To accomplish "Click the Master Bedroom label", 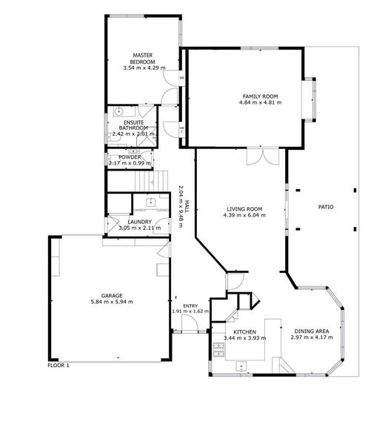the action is [142, 59].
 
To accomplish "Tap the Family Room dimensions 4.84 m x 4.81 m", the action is [261, 102].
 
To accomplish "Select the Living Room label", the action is [244, 209].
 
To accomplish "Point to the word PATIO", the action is [326, 207].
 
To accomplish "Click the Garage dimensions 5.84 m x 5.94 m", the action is [112, 302].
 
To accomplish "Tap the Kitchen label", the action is [244, 332].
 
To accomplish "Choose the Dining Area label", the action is [312, 332].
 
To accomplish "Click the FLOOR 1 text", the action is [59, 366].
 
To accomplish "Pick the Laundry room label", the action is [139, 222].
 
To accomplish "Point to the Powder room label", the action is [130, 157].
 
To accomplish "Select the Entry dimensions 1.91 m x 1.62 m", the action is [190, 311].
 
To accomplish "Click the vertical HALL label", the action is [187, 207].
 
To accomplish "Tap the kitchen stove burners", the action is [218, 349].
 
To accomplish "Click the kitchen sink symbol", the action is [241, 366].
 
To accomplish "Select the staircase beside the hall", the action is [151, 181].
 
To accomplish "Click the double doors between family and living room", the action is [263, 156].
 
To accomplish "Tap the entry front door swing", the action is [190, 323].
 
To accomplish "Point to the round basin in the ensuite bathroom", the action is [118, 111].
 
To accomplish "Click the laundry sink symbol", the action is [151, 202].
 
